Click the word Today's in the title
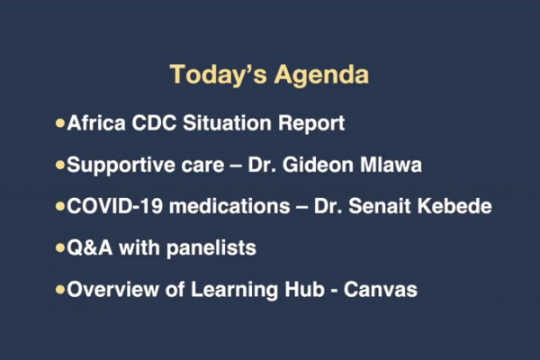point(219,75)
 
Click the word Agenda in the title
point(321,75)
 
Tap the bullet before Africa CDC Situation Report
point(60,123)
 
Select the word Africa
point(96,122)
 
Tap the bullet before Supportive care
point(60,166)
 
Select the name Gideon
point(319,165)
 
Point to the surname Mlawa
point(391,165)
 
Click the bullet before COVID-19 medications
point(60,207)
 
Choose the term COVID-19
point(114,206)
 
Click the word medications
point(229,206)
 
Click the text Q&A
point(89,247)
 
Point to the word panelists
point(211,248)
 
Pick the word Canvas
point(381,290)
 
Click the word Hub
point(305,289)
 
